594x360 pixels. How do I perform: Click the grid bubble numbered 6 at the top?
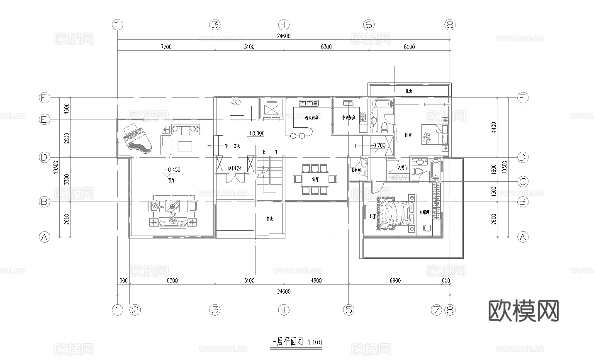click(x=368, y=25)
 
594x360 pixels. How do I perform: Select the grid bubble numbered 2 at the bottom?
click(x=135, y=309)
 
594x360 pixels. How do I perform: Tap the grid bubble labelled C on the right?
click(x=523, y=181)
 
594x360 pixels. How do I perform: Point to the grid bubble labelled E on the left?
click(x=44, y=119)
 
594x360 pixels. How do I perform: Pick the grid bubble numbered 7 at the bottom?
click(x=436, y=309)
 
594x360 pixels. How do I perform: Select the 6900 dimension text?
click(x=395, y=281)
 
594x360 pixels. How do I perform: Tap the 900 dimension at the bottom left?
click(x=123, y=281)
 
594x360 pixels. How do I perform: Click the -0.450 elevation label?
click(x=172, y=170)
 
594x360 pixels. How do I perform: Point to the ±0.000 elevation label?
click(x=256, y=134)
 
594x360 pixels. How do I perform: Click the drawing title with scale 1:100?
click(x=296, y=342)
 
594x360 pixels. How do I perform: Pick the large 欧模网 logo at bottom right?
click(x=523, y=311)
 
